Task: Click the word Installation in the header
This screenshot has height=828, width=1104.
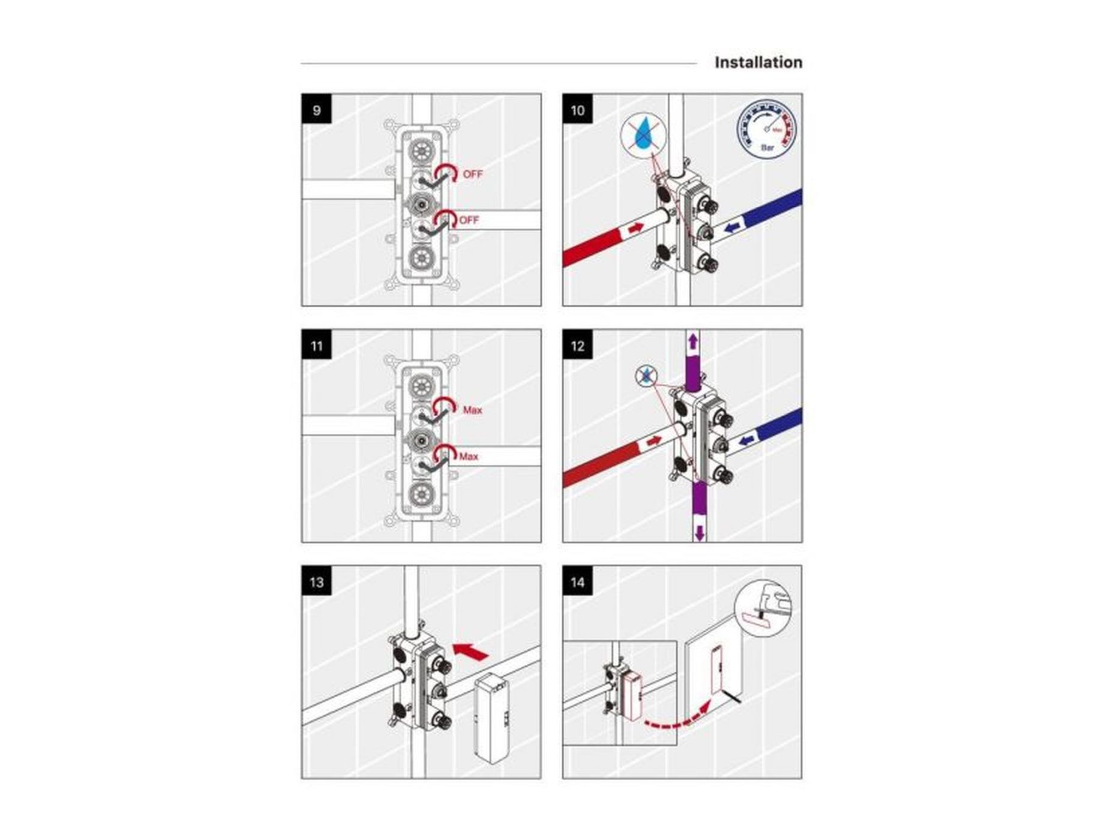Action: [x=758, y=62]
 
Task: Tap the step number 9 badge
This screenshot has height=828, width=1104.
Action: [x=316, y=110]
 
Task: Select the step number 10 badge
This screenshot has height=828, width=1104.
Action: [x=577, y=110]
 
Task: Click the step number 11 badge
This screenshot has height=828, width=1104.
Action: [x=316, y=346]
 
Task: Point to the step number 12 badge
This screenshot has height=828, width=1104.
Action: [x=577, y=346]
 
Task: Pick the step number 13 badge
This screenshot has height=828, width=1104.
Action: [x=316, y=582]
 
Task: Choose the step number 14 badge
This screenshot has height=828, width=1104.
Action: [x=577, y=582]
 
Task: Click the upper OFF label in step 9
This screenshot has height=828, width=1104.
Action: [x=473, y=174]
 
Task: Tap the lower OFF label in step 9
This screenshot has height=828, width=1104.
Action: [x=469, y=220]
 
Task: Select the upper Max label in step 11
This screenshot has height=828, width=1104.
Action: [x=472, y=410]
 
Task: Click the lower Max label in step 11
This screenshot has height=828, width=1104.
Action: [x=469, y=457]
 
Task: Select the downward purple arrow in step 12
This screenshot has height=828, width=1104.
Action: [x=699, y=532]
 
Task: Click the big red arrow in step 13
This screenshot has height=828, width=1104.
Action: [x=470, y=651]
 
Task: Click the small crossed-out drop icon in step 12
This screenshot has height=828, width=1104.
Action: [x=646, y=376]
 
